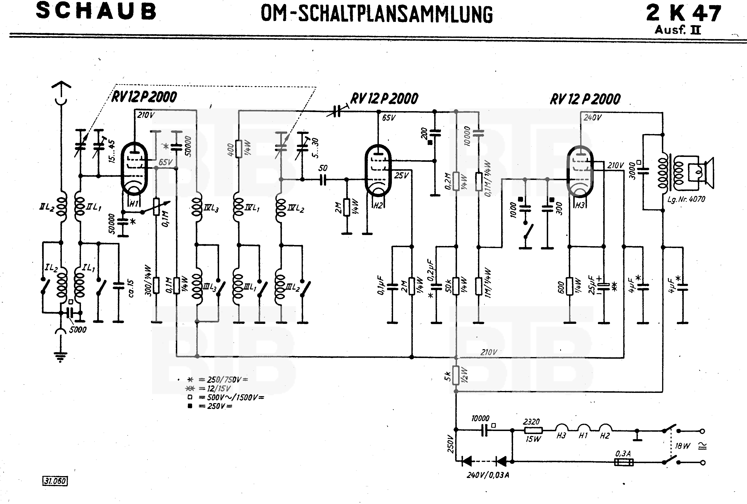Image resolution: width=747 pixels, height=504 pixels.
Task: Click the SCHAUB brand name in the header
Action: [96, 11]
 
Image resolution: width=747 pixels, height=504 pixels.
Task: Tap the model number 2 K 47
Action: [683, 13]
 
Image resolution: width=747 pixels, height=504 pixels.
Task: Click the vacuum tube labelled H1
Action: [134, 169]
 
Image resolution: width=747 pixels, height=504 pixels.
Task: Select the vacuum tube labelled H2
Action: [378, 170]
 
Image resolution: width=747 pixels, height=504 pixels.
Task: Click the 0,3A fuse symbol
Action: [624, 462]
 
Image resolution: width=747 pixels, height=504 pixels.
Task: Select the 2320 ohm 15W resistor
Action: [533, 430]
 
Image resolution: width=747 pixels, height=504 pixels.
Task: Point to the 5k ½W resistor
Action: [456, 375]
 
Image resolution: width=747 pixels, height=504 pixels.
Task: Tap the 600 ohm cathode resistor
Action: [570, 286]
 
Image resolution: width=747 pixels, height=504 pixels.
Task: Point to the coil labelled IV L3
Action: [197, 207]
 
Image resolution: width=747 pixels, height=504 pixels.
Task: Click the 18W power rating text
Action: [682, 446]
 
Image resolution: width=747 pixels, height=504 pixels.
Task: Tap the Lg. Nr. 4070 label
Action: [686, 199]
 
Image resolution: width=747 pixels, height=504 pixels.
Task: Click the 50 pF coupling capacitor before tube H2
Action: [323, 180]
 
